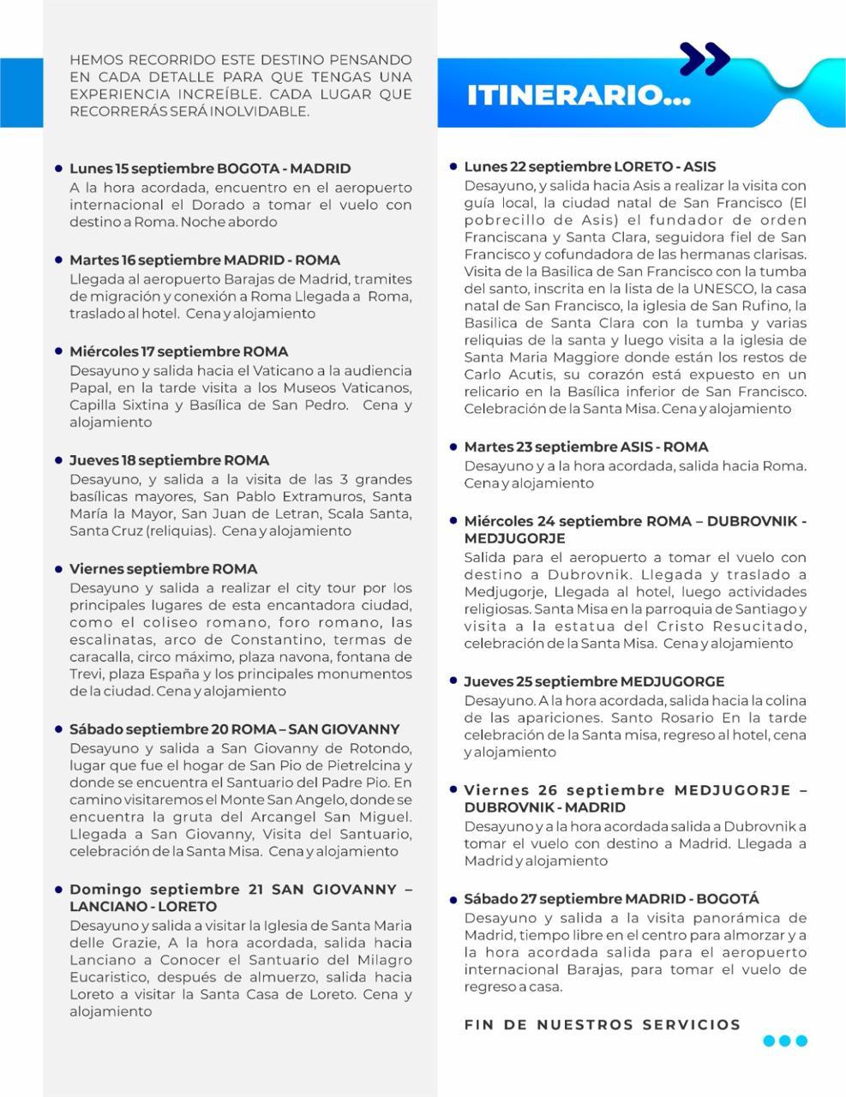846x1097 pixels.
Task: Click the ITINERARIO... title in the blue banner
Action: click(579, 94)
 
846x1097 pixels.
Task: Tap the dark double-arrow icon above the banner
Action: click(705, 59)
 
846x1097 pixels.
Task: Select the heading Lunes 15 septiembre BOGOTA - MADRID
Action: click(210, 169)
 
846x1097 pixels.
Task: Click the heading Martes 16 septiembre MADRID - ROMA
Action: click(205, 260)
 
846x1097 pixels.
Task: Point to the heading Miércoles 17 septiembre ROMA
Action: click(178, 351)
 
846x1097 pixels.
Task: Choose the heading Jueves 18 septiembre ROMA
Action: click(169, 460)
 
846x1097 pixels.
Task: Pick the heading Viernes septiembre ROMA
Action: click(163, 569)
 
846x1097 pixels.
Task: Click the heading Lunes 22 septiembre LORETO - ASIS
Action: click(590, 167)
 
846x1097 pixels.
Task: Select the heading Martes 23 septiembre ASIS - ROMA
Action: click(586, 447)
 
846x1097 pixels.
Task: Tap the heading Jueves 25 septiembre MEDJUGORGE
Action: click(594, 681)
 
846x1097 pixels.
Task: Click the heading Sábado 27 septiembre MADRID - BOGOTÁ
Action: click(611, 899)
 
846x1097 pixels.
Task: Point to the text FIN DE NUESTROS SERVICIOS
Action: click(602, 1024)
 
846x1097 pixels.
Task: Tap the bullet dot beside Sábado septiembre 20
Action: click(58, 729)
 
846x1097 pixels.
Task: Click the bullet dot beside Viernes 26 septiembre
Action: click(453, 788)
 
